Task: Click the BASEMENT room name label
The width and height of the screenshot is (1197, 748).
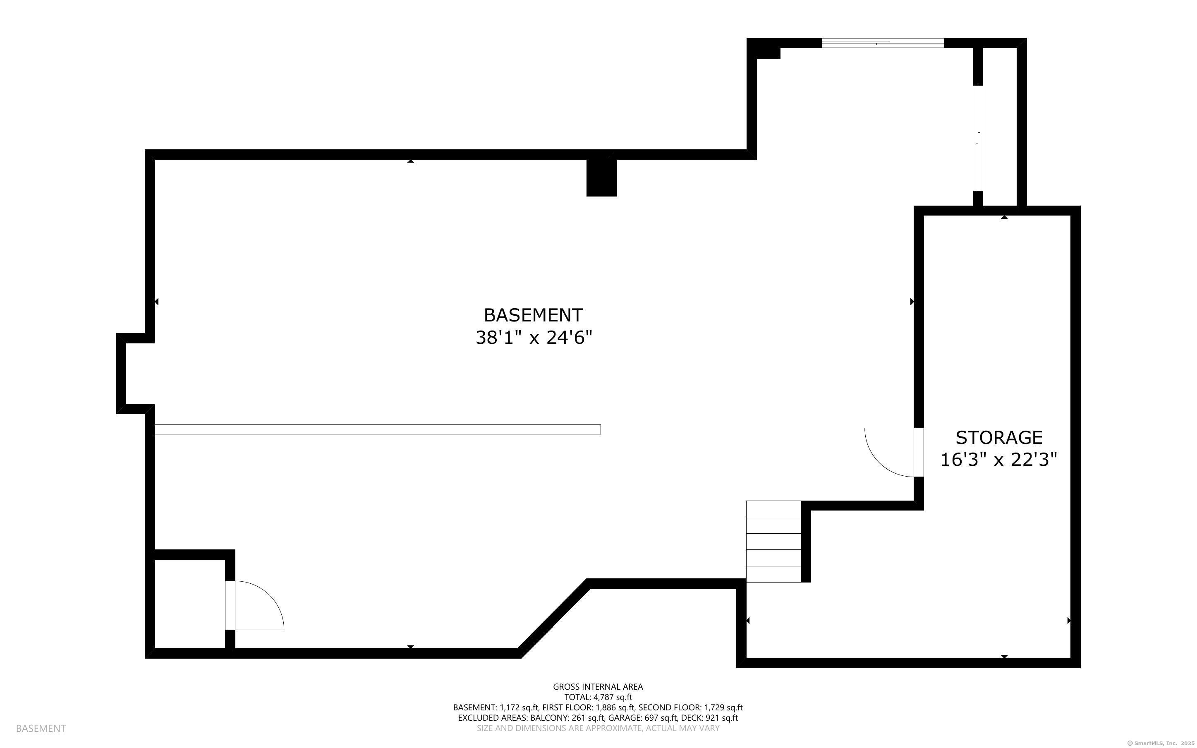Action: (533, 315)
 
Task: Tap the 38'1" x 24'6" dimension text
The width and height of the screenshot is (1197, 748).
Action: (534, 338)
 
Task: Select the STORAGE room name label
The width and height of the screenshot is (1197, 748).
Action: (999, 438)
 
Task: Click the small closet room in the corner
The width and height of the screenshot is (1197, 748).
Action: (190, 604)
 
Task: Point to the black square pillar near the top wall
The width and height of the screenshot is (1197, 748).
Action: (601, 177)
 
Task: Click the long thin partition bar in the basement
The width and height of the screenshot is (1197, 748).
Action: (378, 429)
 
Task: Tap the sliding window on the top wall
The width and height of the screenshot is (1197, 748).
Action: (883, 43)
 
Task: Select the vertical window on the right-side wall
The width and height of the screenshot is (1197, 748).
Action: (977, 138)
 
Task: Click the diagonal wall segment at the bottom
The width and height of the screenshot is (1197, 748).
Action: (554, 619)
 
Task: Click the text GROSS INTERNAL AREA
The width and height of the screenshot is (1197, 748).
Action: (598, 687)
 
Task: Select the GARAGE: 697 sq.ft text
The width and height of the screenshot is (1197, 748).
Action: (642, 718)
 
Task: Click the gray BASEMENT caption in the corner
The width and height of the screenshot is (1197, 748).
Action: (41, 728)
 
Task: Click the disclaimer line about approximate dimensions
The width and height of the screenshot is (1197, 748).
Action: (598, 728)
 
